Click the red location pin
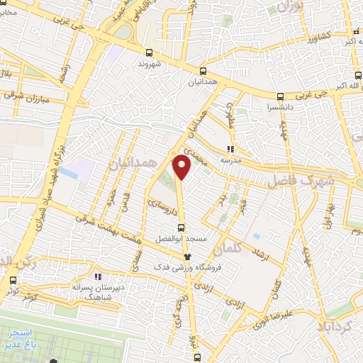182,167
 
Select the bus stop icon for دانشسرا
280,96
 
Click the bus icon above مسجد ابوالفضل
181,228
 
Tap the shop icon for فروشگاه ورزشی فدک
187,257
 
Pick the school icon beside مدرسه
230,149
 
